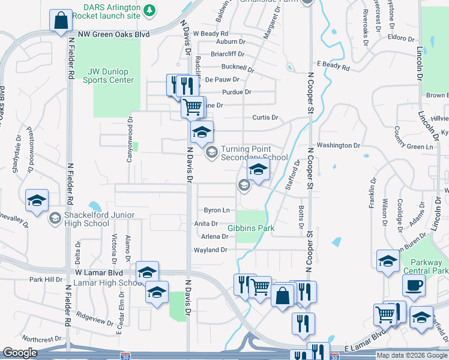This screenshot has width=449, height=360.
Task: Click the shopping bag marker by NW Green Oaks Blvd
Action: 61,21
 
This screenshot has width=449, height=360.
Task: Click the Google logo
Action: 20,353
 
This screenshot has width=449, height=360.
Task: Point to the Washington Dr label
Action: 338,145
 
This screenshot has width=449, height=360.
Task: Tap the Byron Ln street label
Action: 217,210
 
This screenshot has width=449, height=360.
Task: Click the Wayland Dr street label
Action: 211,250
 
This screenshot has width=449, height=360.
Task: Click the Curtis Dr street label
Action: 266,118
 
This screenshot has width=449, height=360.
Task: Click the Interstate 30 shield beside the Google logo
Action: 125,356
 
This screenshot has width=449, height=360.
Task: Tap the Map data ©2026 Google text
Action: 411,355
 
